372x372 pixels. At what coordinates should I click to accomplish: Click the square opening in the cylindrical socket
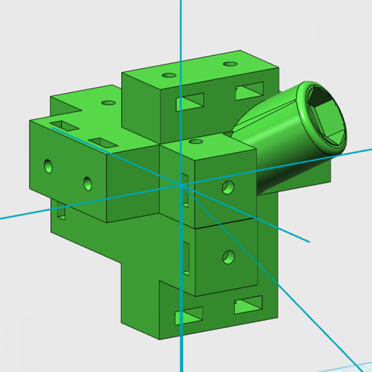(326, 119)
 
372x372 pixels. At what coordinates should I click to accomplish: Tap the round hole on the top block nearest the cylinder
(230, 64)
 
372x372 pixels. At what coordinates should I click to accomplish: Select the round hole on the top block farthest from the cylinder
(169, 75)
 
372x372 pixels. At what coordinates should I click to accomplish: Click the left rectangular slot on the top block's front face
(190, 102)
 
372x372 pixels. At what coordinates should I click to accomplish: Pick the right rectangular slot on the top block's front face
(250, 91)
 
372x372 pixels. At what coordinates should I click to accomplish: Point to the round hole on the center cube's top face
(195, 141)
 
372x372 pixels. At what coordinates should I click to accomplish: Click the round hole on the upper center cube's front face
(228, 187)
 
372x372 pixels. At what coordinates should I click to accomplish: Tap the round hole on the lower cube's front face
(228, 256)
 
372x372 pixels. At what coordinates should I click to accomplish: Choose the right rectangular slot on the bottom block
(248, 305)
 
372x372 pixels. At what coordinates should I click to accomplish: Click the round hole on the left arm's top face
(108, 103)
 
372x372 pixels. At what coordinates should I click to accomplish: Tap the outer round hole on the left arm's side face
(48, 166)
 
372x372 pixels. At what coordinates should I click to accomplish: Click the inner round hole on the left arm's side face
(87, 183)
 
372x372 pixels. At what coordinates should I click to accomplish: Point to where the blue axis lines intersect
(181, 185)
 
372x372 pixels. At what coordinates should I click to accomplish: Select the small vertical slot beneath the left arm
(61, 212)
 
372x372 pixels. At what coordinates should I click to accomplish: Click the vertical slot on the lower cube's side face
(186, 258)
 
